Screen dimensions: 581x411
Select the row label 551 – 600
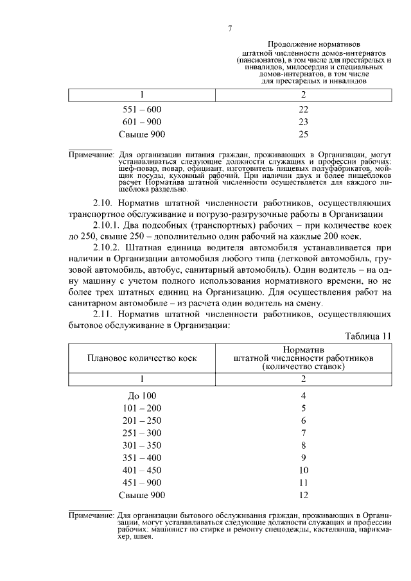point(142,109)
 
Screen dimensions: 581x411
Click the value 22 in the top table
point(303,109)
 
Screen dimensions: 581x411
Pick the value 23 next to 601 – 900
point(303,122)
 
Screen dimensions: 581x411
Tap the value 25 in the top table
point(303,134)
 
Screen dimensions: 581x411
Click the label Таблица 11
point(367,336)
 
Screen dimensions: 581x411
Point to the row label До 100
point(142,396)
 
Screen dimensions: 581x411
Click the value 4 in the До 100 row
point(303,396)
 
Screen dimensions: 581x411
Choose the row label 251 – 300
point(142,433)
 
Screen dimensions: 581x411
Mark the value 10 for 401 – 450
point(303,471)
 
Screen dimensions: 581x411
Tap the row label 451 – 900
point(142,483)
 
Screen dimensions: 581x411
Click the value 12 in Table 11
point(303,495)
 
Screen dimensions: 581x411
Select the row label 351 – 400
point(142,458)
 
